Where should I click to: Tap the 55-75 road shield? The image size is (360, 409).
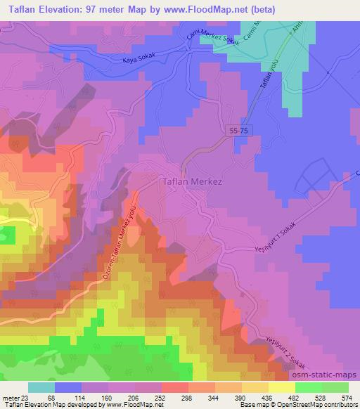pyautogui.click(x=238, y=131)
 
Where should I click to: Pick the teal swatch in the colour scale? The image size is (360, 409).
pyautogui.click(x=41, y=388)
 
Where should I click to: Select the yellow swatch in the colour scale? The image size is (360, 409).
pyautogui.click(x=282, y=388)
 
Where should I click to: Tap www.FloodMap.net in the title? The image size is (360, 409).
pyautogui.click(x=207, y=9)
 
